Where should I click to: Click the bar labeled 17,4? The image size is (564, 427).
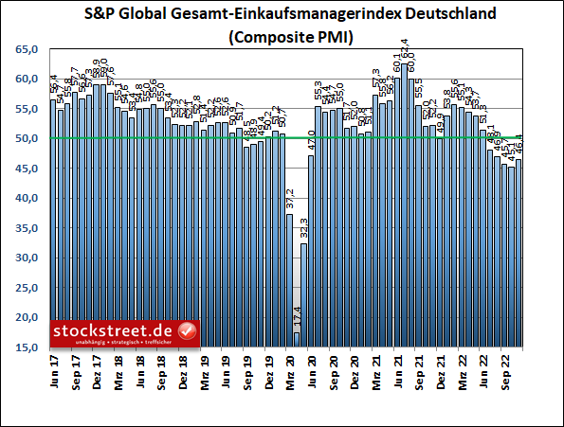coord(297,340)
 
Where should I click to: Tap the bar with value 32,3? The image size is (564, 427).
coord(304,295)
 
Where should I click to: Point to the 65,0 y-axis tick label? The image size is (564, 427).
coord(29,49)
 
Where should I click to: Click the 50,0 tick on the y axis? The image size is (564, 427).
coord(29,139)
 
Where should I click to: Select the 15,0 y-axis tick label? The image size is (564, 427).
coord(29,347)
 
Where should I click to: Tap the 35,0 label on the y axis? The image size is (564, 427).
coord(29,228)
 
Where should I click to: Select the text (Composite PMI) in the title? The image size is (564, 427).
coord(282,39)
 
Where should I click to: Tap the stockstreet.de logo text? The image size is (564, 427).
coord(114,329)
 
